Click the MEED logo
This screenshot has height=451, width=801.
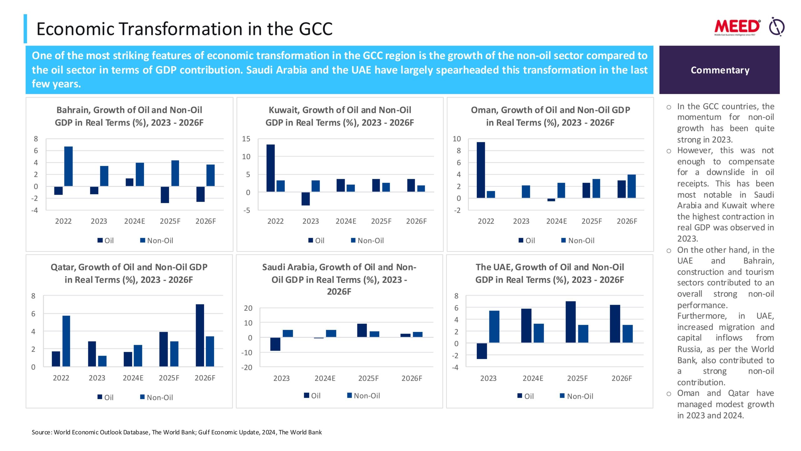(x=737, y=27)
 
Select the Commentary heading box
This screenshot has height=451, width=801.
(x=719, y=70)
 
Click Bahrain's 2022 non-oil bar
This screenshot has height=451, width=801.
(x=69, y=166)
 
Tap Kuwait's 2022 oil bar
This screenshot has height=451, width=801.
(x=271, y=168)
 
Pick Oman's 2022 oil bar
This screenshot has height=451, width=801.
(x=481, y=170)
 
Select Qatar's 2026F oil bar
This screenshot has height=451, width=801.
(x=200, y=335)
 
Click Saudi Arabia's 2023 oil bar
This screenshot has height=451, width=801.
(x=275, y=344)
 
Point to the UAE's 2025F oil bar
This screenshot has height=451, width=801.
(x=570, y=322)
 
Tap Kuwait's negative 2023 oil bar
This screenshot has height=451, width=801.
(x=306, y=199)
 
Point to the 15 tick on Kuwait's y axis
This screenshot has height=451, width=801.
(x=246, y=139)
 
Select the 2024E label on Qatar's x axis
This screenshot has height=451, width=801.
(x=133, y=378)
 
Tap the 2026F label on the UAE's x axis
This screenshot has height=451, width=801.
(x=622, y=378)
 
